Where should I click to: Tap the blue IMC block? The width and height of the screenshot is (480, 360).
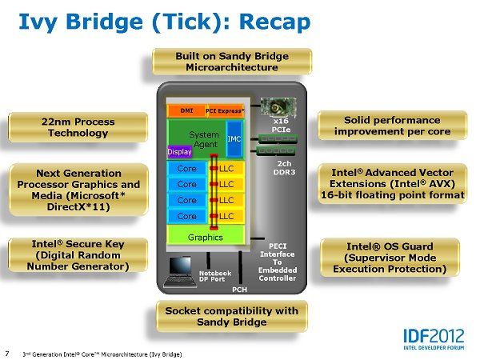pos(234,138)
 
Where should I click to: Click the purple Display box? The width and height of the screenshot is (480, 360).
pos(179,151)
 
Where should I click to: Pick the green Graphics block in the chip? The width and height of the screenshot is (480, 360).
pos(206,237)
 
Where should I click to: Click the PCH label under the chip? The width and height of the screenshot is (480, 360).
pos(240,289)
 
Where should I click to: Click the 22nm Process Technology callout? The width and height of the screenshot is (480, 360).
pos(78,127)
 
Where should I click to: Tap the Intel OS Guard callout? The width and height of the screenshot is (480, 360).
pos(389,257)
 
